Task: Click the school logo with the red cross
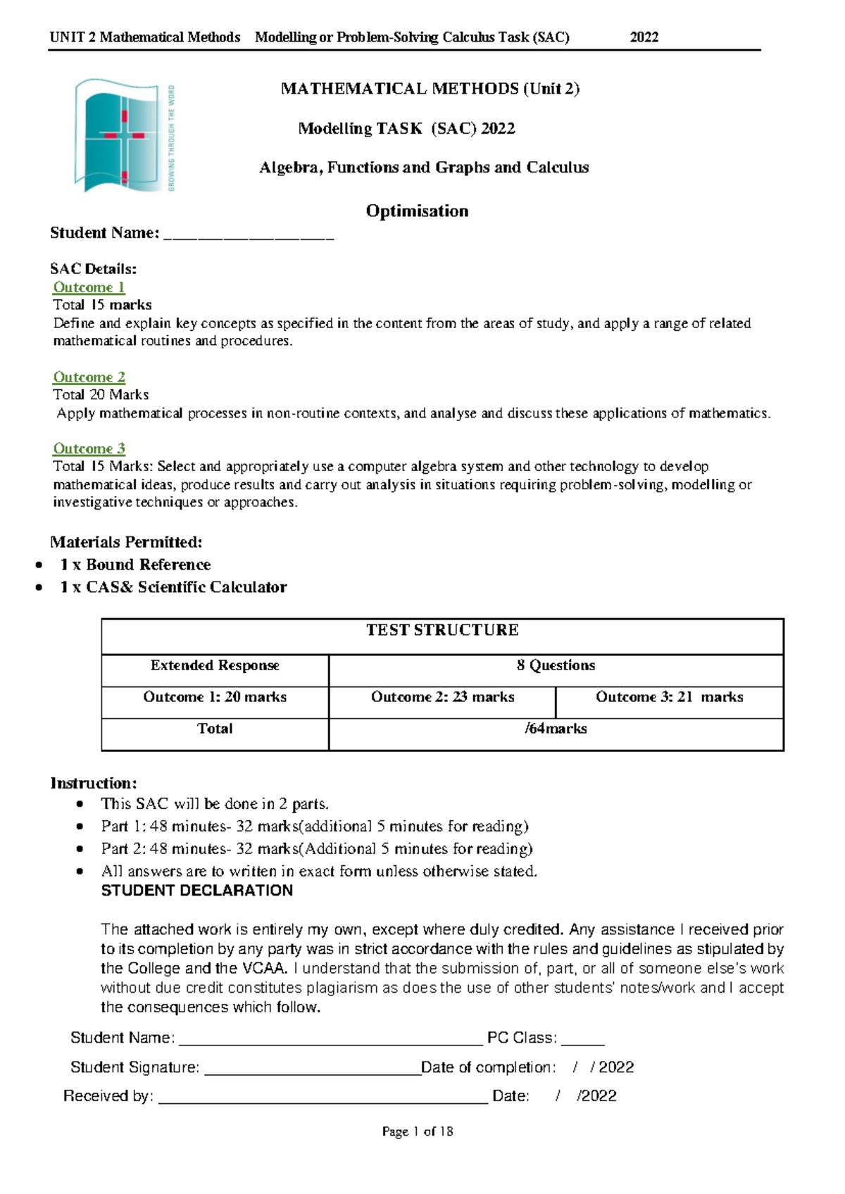click(x=125, y=136)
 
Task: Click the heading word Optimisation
click(x=417, y=211)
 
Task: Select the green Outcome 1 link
click(x=89, y=287)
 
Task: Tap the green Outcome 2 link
click(x=89, y=377)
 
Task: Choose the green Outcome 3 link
click(x=89, y=448)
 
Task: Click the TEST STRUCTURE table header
click(x=442, y=630)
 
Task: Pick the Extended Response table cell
click(x=215, y=665)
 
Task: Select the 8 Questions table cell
click(x=556, y=665)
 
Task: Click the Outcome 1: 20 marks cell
click(x=215, y=697)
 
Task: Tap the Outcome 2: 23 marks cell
click(x=442, y=697)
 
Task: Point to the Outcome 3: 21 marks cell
click(x=669, y=697)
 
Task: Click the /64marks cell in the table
click(x=556, y=729)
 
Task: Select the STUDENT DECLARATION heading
click(x=197, y=891)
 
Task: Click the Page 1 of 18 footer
click(x=417, y=1131)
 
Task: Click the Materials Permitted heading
click(x=126, y=542)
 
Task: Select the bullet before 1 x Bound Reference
click(x=40, y=565)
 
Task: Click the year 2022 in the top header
click(x=644, y=37)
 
